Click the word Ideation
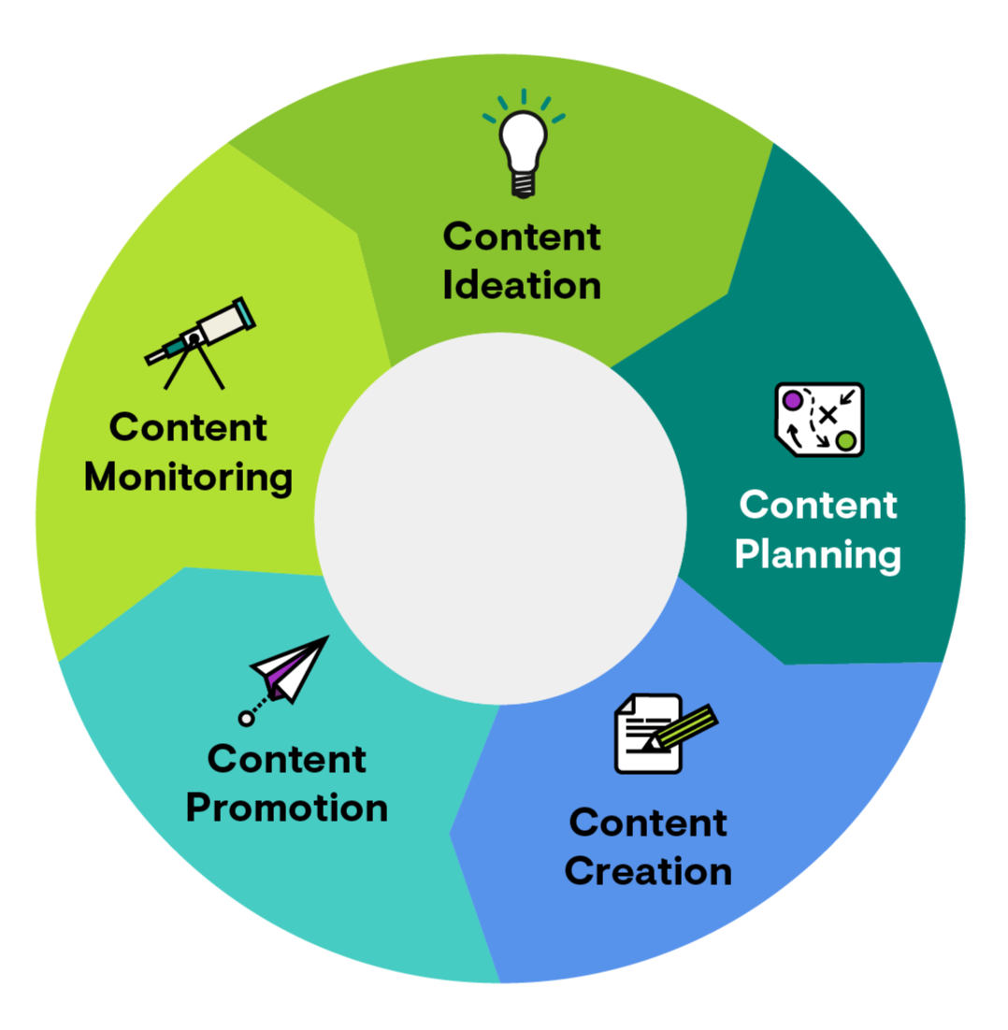(522, 285)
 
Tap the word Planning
(818, 554)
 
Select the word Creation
(649, 872)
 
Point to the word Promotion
(287, 808)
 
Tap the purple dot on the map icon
(792, 400)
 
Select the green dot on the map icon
(846, 440)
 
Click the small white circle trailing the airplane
(246, 718)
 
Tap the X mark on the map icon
(827, 414)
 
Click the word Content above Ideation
(522, 236)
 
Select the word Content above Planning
(818, 506)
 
